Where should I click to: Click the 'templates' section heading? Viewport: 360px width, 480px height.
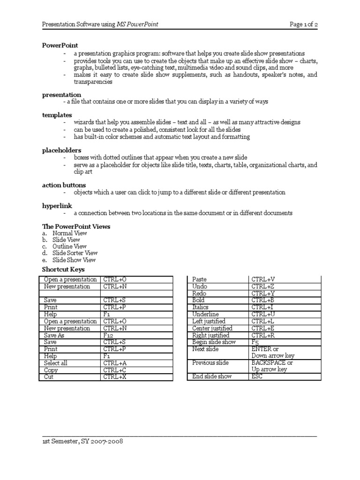57,114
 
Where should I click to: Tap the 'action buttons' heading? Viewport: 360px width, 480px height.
64,185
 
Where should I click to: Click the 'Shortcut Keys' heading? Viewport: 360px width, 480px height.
63,270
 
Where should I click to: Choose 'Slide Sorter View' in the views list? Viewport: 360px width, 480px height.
75,253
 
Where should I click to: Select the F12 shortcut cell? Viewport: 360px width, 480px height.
108,336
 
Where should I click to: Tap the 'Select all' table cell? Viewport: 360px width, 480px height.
56,363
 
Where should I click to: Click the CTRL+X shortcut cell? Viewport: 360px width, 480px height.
115,376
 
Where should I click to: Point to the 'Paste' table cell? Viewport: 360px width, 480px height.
200,279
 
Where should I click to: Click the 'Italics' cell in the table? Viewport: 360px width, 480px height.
201,307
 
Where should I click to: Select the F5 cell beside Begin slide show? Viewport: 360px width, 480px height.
255,342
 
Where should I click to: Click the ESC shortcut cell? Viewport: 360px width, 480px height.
257,376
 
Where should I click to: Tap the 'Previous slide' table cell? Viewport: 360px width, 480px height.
210,363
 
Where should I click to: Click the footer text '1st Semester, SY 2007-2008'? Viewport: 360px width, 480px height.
82,442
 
